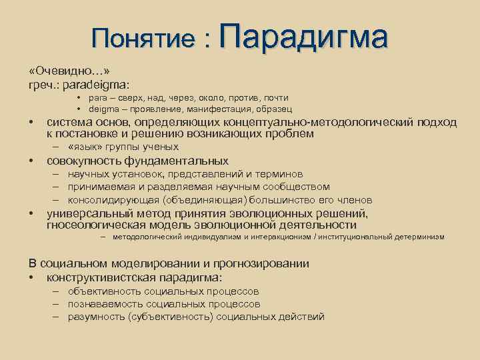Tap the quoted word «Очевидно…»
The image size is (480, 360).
pos(69,71)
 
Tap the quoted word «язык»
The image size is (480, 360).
pos(83,147)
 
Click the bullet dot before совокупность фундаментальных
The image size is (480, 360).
pos(31,161)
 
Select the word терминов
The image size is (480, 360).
pos(280,174)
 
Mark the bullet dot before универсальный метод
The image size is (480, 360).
pos(31,214)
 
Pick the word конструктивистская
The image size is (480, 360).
pos(97,277)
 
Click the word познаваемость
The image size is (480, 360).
pos(101,303)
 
